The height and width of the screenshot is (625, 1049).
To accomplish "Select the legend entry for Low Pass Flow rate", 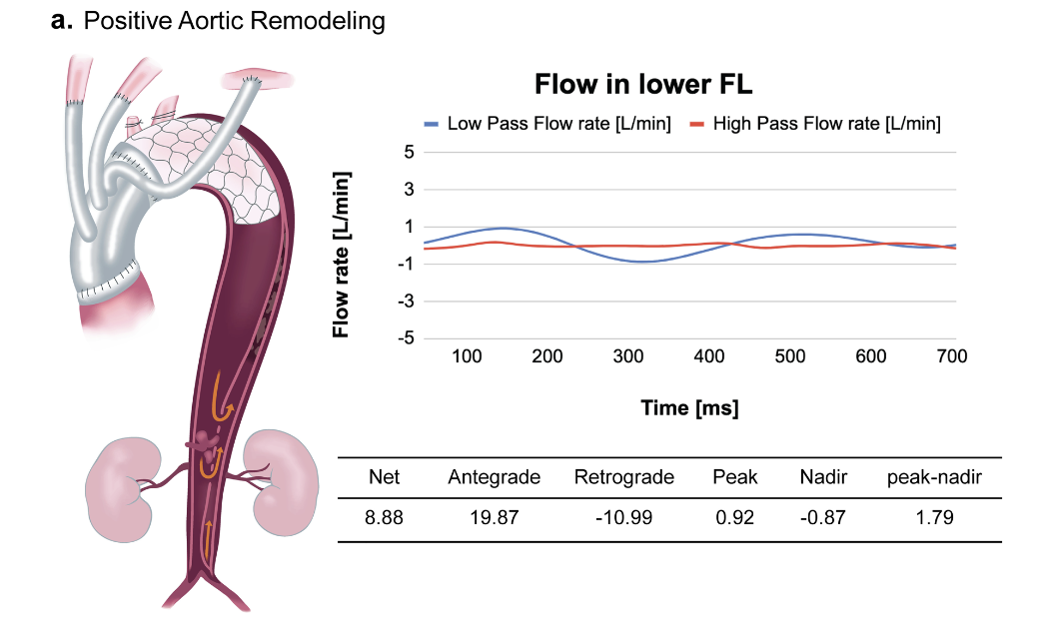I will [x=547, y=124].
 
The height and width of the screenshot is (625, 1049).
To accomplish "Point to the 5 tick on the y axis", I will [x=408, y=153].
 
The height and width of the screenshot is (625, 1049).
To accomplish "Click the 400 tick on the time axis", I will [x=708, y=356].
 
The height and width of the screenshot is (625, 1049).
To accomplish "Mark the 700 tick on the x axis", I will [x=951, y=356].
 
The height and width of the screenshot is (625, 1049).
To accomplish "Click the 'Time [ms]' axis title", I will [x=689, y=408].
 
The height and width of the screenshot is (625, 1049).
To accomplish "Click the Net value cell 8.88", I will [x=385, y=517].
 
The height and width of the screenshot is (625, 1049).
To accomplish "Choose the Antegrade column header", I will [x=494, y=477].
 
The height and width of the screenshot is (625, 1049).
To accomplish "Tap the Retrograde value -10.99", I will [x=623, y=517].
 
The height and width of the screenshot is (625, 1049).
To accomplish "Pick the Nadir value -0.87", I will [x=822, y=517].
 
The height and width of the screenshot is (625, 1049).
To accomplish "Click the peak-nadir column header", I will [x=933, y=477].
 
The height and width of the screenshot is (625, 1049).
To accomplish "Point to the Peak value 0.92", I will [x=734, y=517].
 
